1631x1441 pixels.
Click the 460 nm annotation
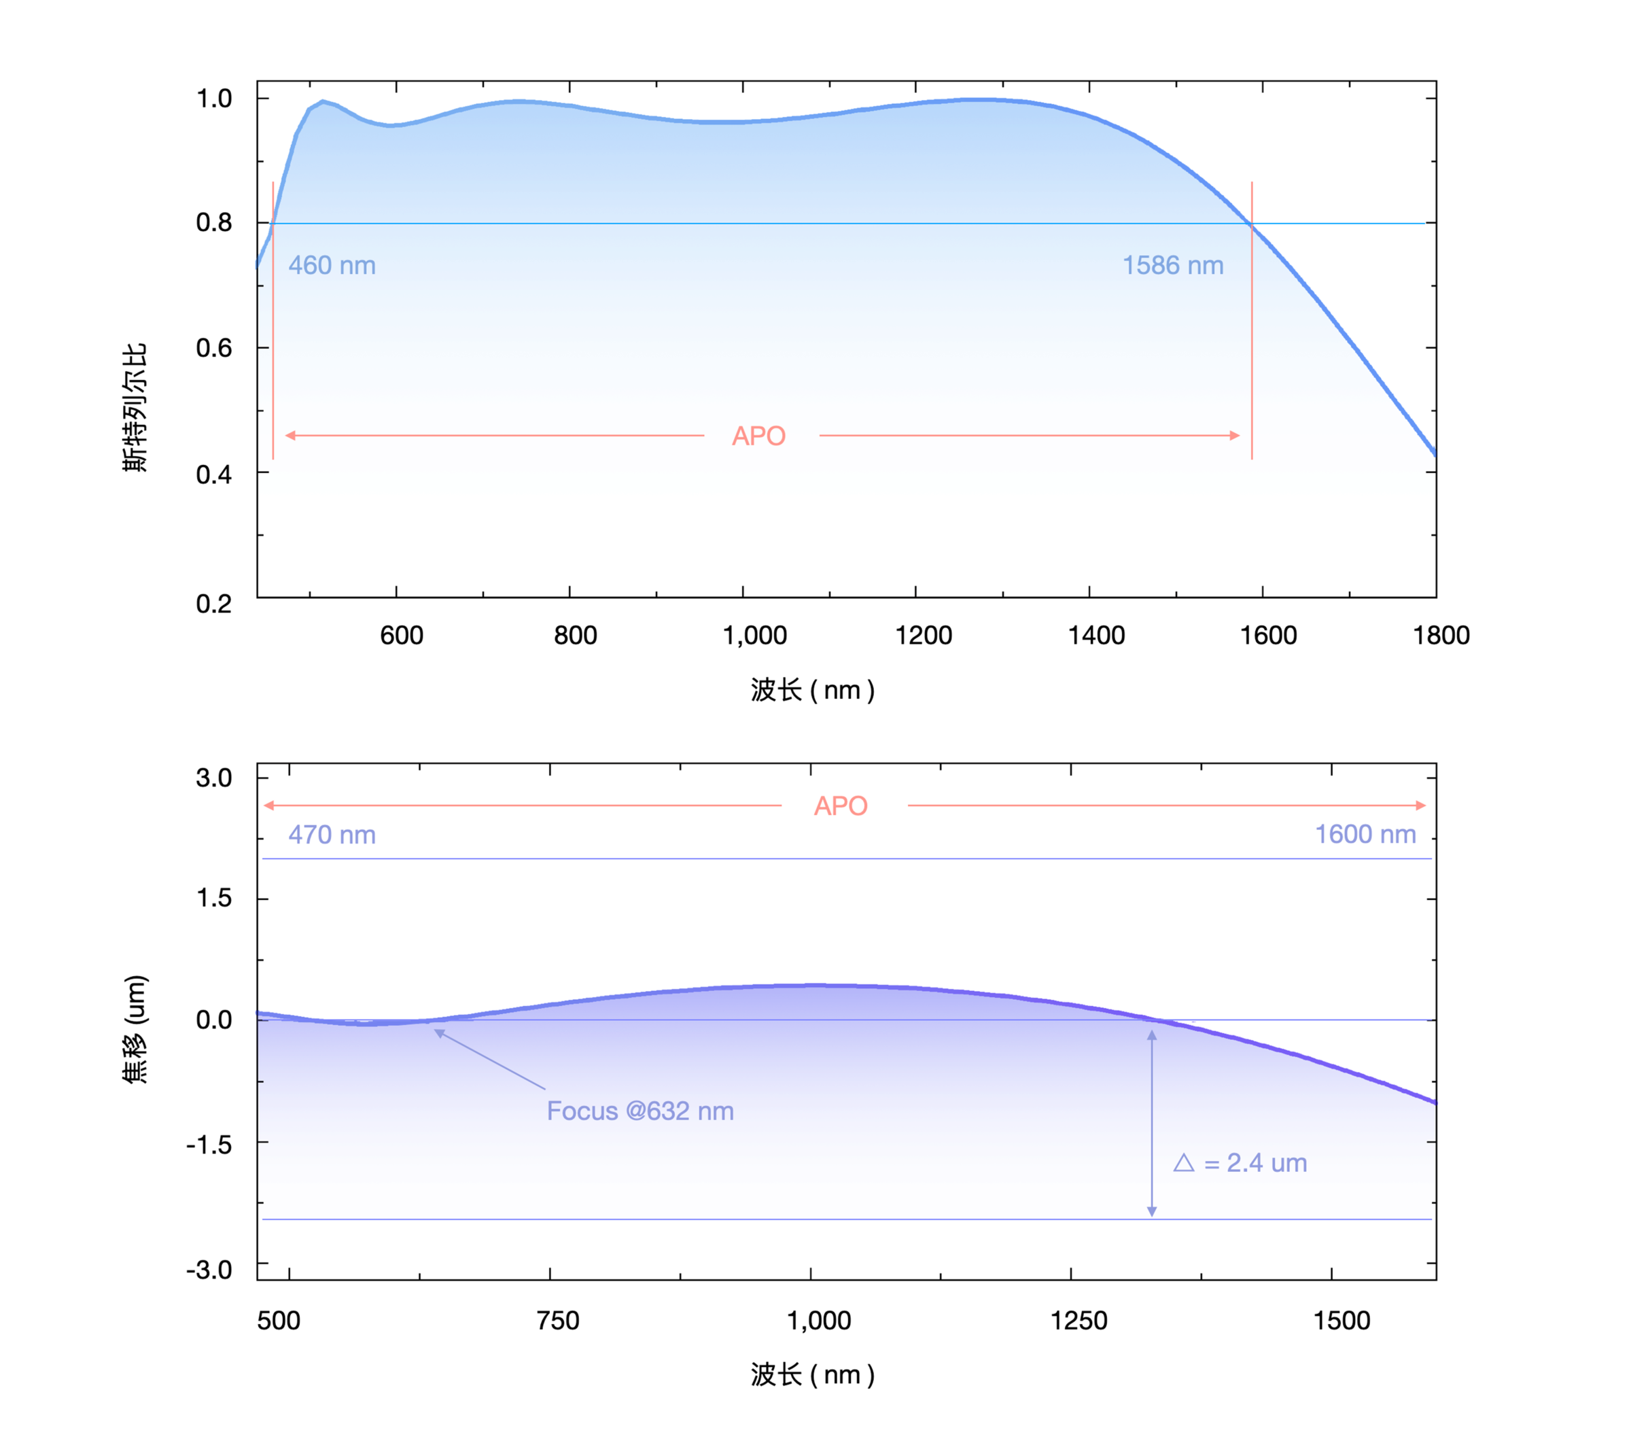[331, 265]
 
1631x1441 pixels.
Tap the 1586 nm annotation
[1172, 265]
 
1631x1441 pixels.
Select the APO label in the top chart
[759, 436]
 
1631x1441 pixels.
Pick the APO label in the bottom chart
[840, 806]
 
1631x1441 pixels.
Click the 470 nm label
[331, 835]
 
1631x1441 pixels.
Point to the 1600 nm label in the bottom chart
[1365, 835]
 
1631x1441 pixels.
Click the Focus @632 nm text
[640, 1111]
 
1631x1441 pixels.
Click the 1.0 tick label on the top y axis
[214, 99]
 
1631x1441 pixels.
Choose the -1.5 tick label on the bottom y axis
[209, 1145]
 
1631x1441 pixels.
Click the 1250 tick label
[1078, 1321]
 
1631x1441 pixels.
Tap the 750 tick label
[558, 1321]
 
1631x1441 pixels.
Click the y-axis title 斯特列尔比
[135, 407]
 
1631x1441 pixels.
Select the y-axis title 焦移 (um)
[135, 1028]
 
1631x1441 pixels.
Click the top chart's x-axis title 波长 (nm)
[812, 690]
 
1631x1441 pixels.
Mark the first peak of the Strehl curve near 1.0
[322, 101]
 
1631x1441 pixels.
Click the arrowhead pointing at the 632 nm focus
[438, 1033]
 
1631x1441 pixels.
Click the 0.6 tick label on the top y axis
[214, 348]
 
